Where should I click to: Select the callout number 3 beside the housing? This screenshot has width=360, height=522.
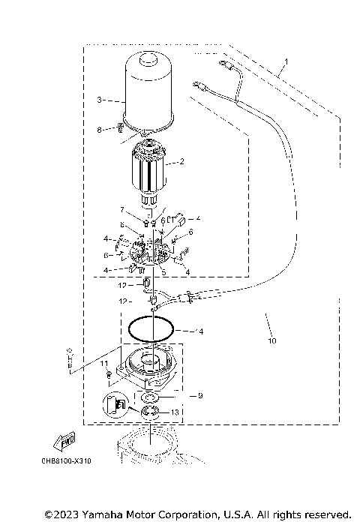point(100,99)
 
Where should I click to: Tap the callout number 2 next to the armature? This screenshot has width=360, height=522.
point(181,161)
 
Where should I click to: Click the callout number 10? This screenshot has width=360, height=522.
point(271,341)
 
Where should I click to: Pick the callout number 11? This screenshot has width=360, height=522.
point(105,363)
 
